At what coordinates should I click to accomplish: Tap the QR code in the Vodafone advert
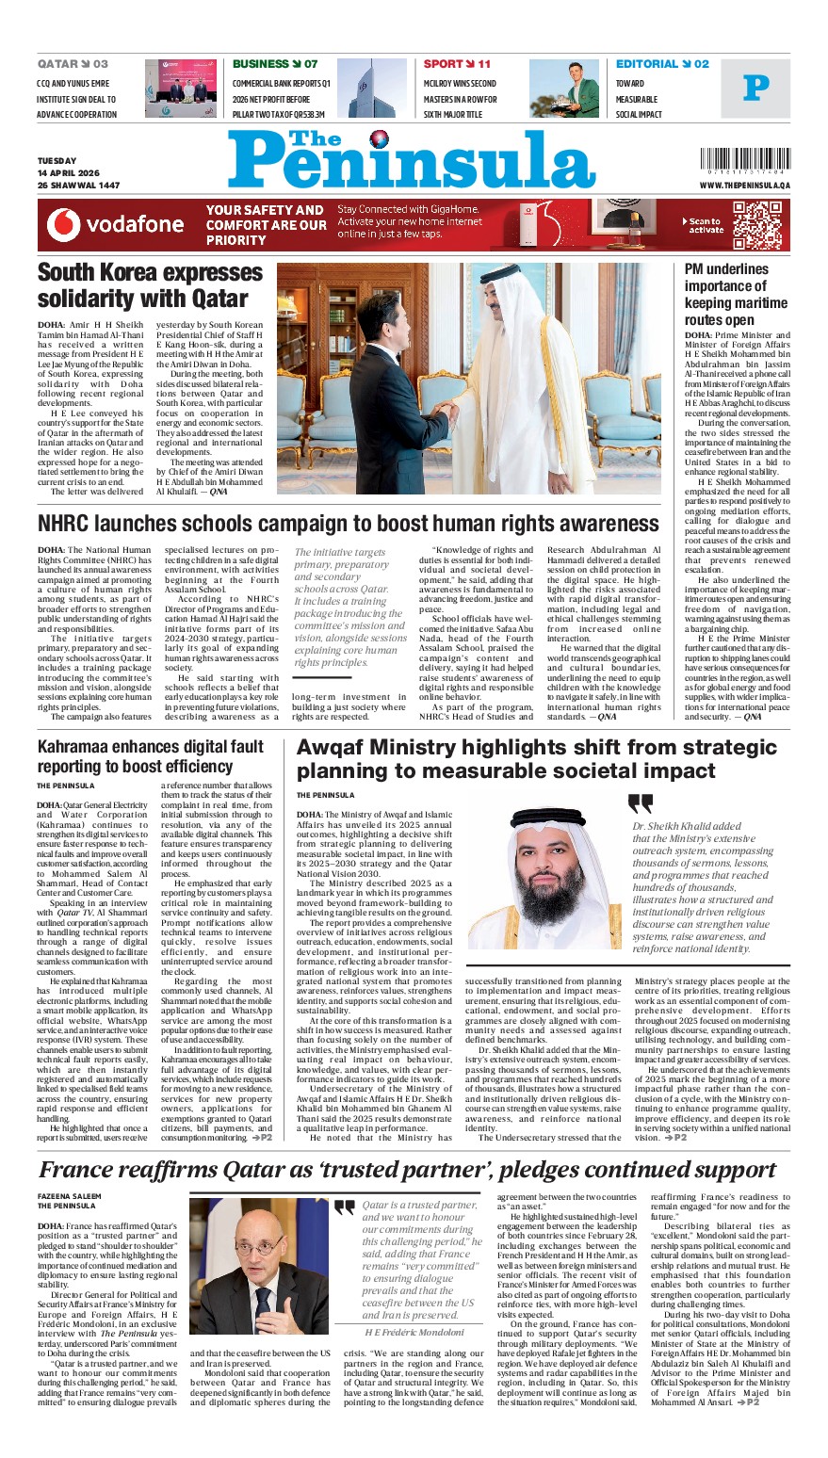pyautogui.click(x=756, y=224)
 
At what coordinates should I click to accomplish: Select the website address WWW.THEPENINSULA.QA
pyautogui.click(x=744, y=186)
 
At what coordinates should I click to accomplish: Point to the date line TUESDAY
pyautogui.click(x=57, y=161)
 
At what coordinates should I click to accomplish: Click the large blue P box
pyautogui.click(x=755, y=89)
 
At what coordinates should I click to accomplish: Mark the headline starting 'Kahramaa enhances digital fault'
pyautogui.click(x=151, y=756)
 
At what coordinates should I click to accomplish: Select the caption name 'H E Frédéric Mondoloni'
pyautogui.click(x=414, y=1332)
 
